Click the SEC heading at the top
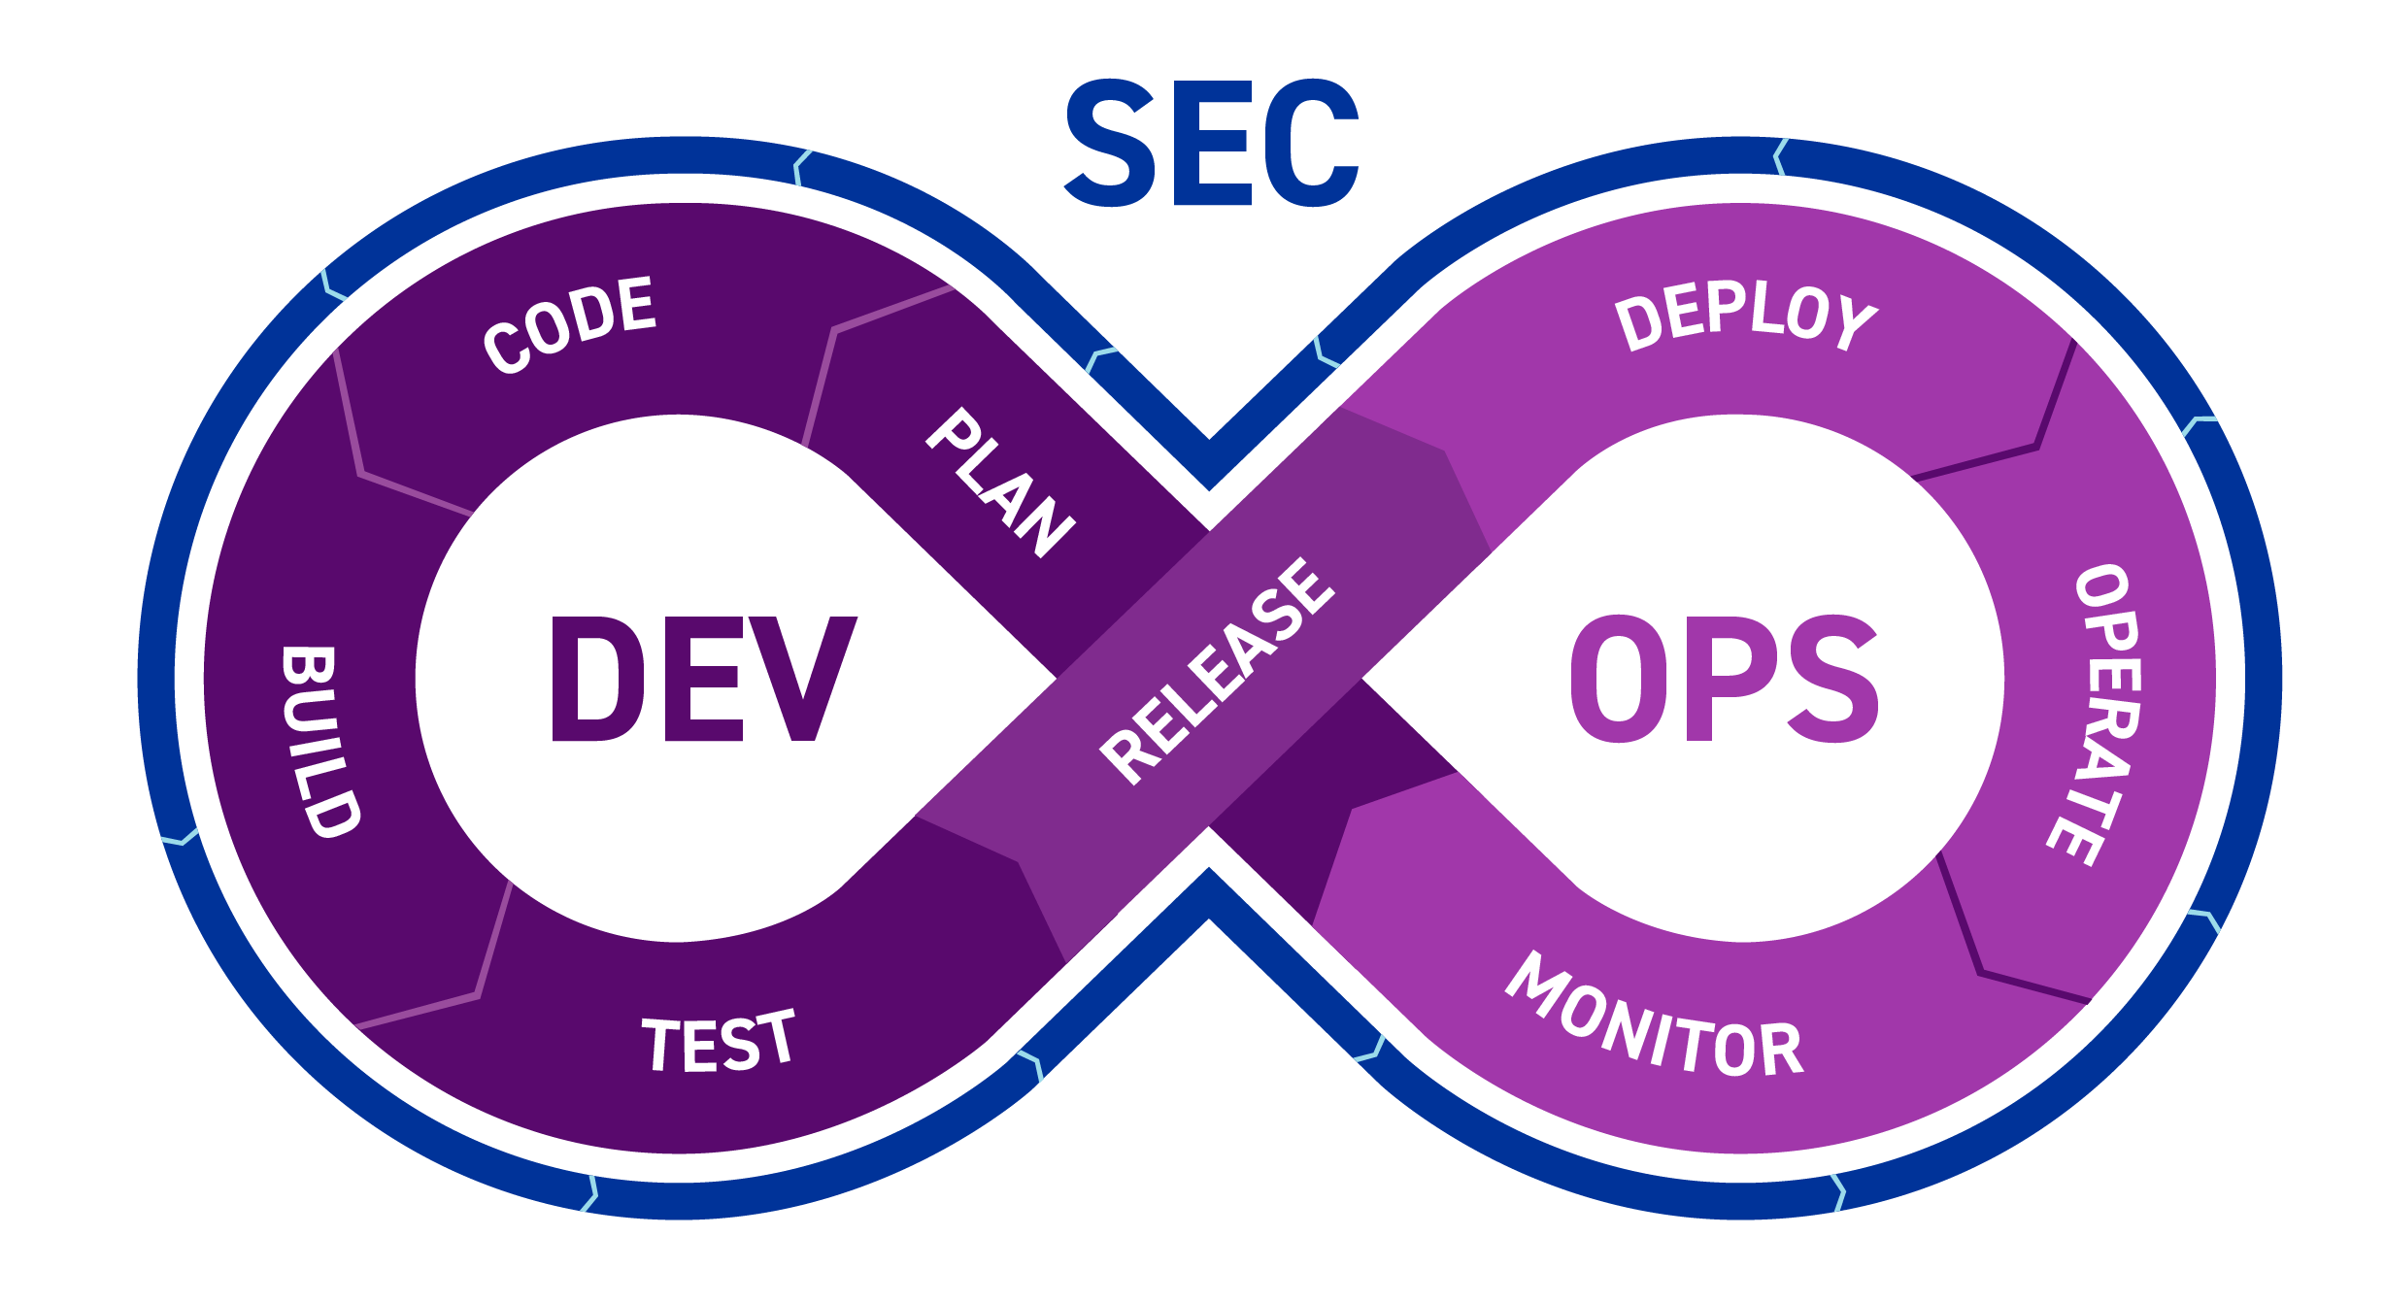(1212, 143)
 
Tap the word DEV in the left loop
(704, 679)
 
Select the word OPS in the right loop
(1724, 679)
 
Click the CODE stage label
(570, 324)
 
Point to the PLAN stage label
(1000, 483)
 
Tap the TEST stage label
(719, 1040)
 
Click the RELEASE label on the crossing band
(1217, 670)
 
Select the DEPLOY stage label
(1746, 317)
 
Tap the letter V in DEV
(804, 679)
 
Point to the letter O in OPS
(1619, 679)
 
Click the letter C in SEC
(1312, 143)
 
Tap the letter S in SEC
(1110, 143)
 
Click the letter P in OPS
(1726, 679)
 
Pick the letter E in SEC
(1212, 143)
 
